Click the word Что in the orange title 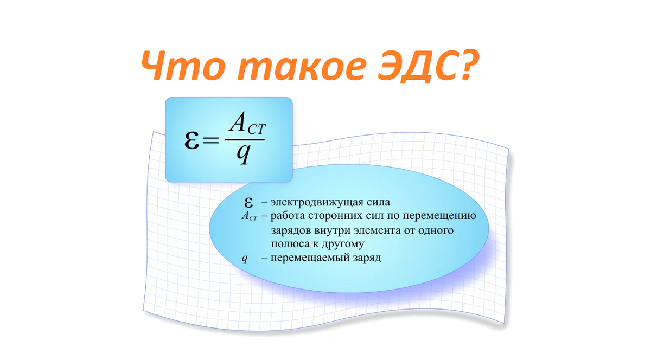tap(184, 65)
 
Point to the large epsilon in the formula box tap(192, 140)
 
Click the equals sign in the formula tap(210, 141)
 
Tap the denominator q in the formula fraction tap(244, 154)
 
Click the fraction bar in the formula tap(245, 140)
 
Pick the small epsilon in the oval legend tap(248, 202)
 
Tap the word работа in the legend tap(287, 216)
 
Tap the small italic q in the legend tap(245, 258)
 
